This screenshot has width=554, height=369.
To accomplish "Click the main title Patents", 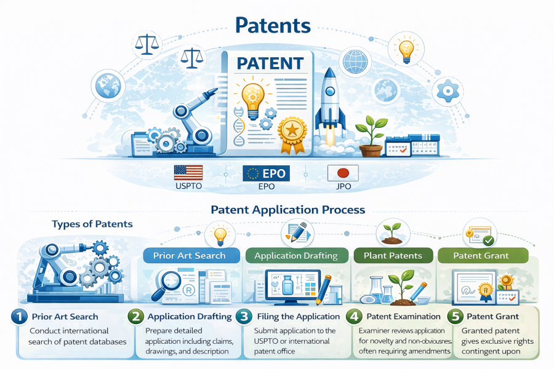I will [273, 26].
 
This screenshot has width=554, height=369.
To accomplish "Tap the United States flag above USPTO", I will [188, 172].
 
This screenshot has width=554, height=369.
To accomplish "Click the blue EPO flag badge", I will [266, 173].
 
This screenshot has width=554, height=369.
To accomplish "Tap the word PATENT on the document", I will [270, 63].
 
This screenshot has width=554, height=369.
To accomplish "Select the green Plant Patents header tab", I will [392, 255].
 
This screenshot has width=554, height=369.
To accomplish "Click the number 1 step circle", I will [19, 317].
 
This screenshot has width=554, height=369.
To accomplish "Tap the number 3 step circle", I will [244, 317].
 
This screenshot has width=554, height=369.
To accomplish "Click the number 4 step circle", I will [355, 317].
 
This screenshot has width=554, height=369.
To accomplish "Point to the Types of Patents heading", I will [92, 224].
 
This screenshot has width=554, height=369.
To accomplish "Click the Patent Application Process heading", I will [287, 210].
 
